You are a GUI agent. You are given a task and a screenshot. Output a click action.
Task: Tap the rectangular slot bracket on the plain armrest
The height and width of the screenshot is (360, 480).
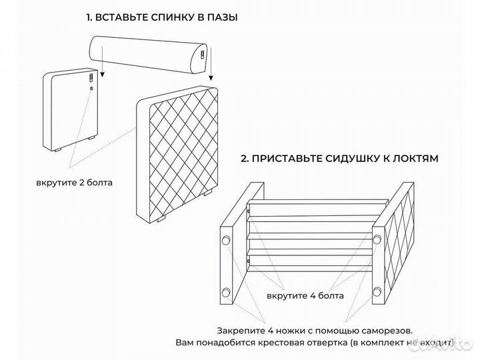click(91, 79)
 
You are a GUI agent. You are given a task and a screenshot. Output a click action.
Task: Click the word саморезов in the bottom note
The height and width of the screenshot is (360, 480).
click(383, 330)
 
